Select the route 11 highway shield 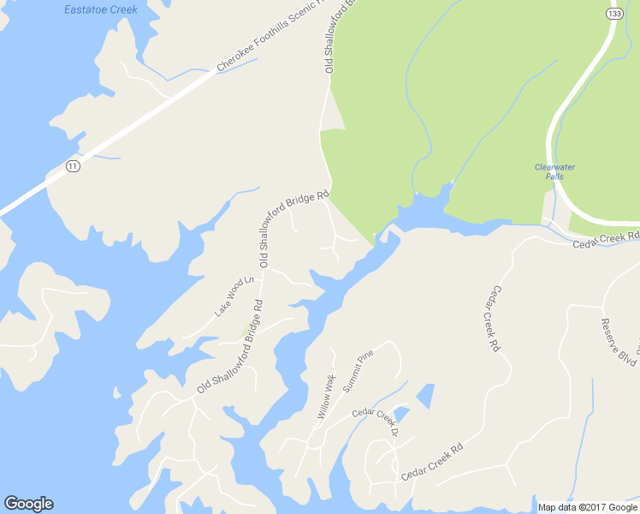click(73, 166)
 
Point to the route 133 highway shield click(614, 14)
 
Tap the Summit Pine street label click(359, 371)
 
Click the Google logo click(28, 504)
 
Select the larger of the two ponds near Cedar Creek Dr click(425, 395)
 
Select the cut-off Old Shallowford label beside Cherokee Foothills click(329, 39)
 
